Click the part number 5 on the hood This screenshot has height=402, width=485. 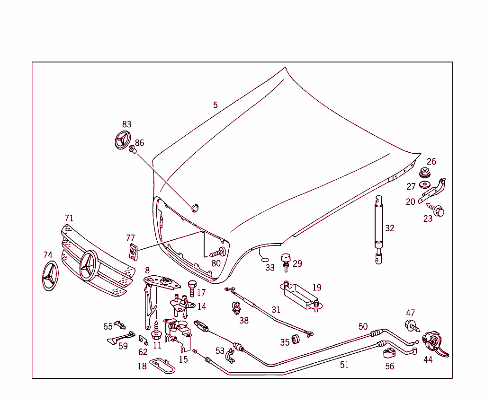point(216,105)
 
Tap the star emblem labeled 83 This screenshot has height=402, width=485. point(123,140)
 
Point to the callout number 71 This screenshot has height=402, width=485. point(69,218)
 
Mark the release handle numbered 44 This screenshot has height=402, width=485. point(434,343)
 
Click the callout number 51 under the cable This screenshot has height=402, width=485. point(344,365)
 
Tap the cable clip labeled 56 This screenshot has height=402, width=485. point(389,352)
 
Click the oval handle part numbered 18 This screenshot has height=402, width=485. point(162,366)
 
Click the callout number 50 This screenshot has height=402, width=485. point(363,326)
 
